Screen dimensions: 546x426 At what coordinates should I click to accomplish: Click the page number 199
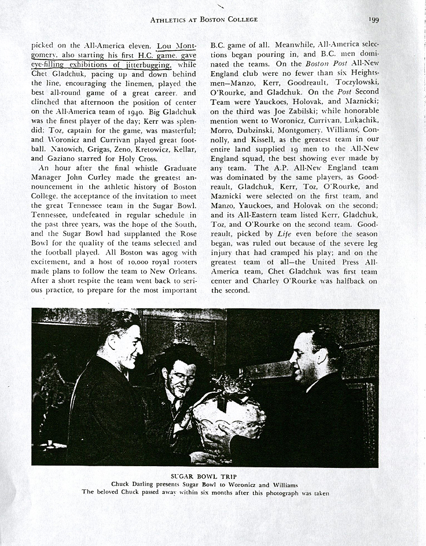click(373, 19)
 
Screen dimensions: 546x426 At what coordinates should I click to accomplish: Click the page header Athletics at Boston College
click(204, 19)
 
